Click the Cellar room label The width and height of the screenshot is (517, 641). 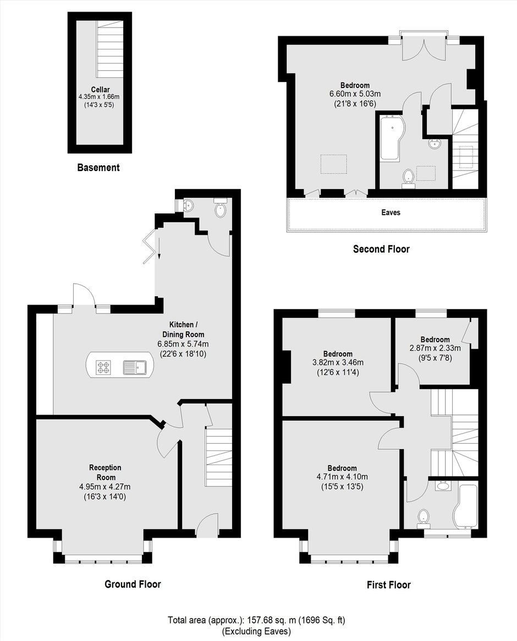point(100,90)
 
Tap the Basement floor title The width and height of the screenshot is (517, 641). point(98,167)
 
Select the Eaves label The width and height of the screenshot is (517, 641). point(391,212)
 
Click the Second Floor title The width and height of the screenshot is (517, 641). point(381,248)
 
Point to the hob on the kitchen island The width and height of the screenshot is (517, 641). point(103,367)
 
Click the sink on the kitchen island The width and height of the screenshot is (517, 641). point(135,368)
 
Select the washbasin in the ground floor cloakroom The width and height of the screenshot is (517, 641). point(189,205)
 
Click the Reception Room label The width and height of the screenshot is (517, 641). point(105,472)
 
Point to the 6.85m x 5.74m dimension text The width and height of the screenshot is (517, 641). point(183,344)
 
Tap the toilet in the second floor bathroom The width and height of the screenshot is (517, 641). point(408,179)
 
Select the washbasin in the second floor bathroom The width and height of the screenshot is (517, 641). point(434,143)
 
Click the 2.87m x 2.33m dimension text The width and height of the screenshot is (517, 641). point(435,349)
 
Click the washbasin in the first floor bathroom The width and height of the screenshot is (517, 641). point(443,487)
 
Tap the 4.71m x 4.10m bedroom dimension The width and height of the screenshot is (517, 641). point(342,477)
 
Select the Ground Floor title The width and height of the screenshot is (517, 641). point(133,584)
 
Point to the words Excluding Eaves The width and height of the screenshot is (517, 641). point(256,631)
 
